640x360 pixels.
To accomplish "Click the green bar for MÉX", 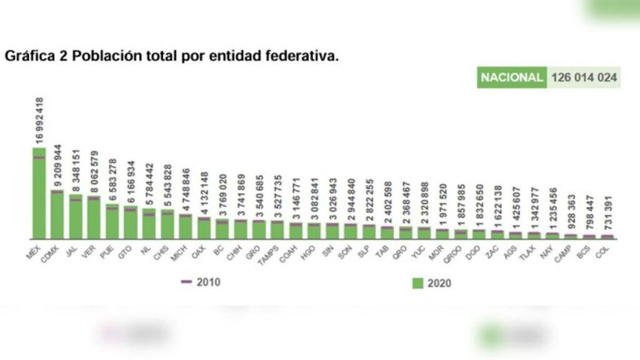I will tap(39, 194).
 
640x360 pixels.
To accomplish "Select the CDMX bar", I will tap(57, 214).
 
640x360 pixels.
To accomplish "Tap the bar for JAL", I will tap(76, 217).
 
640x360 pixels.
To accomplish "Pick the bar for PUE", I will tap(112, 222).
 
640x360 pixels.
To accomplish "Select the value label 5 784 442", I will tap(149, 186).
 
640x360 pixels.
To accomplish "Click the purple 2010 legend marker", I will tap(186, 282).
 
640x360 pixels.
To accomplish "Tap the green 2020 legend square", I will tap(418, 283).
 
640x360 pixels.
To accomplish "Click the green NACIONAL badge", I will tap(511, 77).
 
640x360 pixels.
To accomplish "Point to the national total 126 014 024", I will tap(584, 77).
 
